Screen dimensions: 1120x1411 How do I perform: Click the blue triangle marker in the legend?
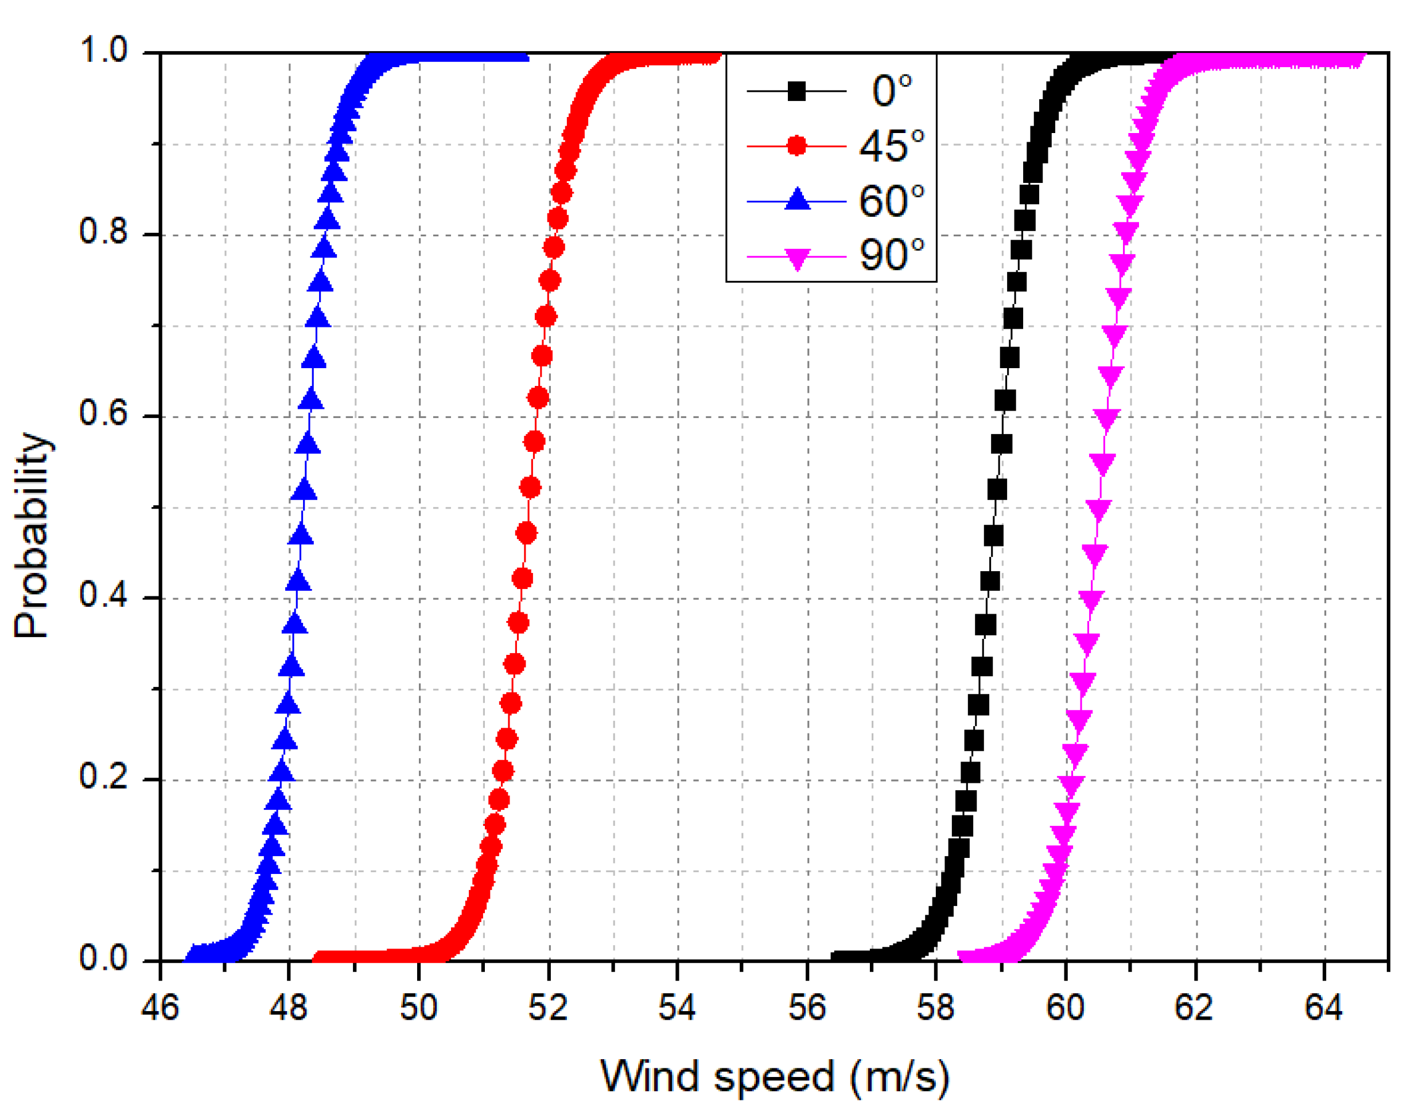pyautogui.click(x=797, y=200)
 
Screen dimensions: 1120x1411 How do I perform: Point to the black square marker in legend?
pyautogui.click(x=796, y=91)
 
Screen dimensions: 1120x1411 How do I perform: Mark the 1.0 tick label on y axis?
pyautogui.click(x=103, y=50)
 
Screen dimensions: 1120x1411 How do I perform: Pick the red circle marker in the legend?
pyautogui.click(x=796, y=145)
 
